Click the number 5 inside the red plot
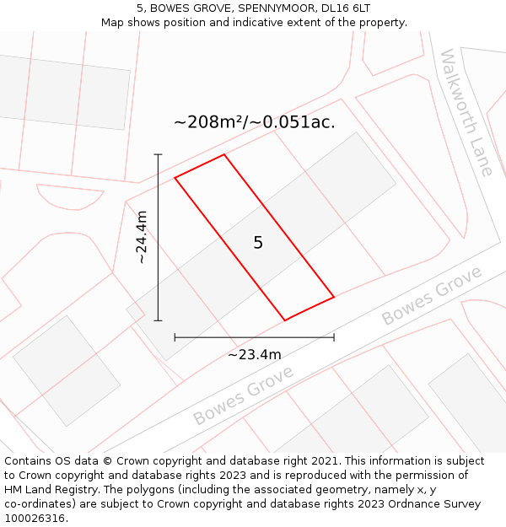click(258, 243)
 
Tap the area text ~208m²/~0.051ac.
click(254, 122)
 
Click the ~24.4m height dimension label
click(143, 237)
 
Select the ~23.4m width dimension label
click(254, 355)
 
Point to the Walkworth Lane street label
click(466, 112)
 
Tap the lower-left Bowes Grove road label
click(243, 395)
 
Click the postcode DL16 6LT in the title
click(342, 8)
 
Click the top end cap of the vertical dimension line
click(158, 154)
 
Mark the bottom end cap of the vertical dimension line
click(158, 320)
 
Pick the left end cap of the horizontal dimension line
click(175, 337)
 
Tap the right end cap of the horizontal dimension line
click(334, 337)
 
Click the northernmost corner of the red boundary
click(223, 154)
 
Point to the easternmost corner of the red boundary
click(334, 297)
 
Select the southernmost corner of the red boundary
click(285, 320)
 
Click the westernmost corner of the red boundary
click(175, 178)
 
